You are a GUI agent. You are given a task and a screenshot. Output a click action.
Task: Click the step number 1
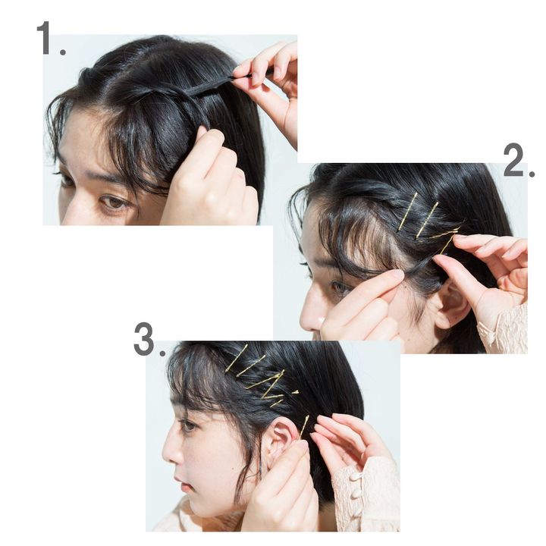coord(51,38)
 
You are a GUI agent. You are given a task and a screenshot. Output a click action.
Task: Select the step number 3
coord(149,339)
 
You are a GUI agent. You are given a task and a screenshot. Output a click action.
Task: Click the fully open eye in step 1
coord(114,202)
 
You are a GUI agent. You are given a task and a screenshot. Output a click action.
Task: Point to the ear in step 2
coord(450,302)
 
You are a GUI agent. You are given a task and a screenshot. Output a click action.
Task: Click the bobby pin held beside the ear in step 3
coord(303,427)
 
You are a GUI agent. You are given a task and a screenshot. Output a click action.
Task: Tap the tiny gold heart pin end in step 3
coord(295,392)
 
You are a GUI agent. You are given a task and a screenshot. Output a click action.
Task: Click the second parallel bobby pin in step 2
coord(427,220)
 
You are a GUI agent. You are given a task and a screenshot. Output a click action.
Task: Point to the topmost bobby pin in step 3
coord(237,358)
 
